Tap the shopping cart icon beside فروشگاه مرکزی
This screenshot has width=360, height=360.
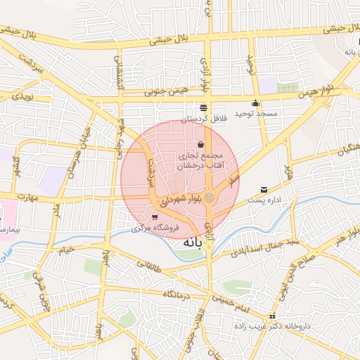154,217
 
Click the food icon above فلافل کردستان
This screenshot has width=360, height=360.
203,108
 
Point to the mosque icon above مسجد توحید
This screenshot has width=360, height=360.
255,103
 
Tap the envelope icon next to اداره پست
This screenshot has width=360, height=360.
264,190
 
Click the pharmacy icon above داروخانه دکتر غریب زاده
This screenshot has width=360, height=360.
272,316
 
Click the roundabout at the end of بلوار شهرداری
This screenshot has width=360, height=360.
209,198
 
